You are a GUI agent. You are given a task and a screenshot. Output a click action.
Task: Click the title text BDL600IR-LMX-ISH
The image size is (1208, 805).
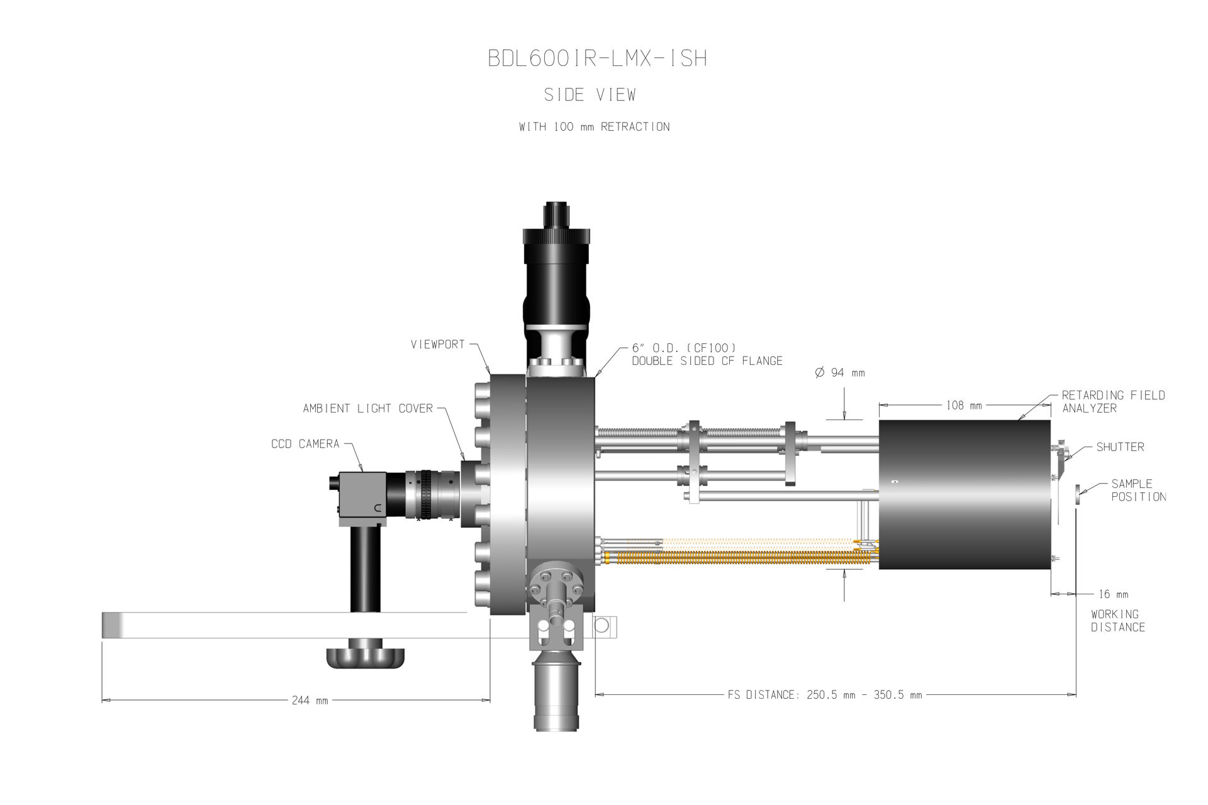pyautogui.click(x=598, y=58)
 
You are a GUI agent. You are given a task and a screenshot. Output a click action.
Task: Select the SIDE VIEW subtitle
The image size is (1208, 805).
pyautogui.click(x=590, y=95)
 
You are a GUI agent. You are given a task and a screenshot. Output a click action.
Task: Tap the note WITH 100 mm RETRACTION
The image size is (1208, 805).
pyautogui.click(x=594, y=126)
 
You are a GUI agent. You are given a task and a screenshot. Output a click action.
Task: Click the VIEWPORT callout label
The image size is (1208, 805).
pyautogui.click(x=437, y=345)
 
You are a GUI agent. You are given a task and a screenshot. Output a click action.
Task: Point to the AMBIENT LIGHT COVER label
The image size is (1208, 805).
pyautogui.click(x=368, y=409)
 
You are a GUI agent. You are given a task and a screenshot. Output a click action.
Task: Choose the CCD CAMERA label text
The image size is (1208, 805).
pyautogui.click(x=305, y=444)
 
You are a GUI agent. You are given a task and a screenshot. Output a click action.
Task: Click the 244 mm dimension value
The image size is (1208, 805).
pyautogui.click(x=310, y=700)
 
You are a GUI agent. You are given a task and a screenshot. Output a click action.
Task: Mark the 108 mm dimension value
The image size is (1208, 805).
pyautogui.click(x=964, y=406)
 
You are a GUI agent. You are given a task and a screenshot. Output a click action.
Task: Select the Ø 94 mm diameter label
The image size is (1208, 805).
pyautogui.click(x=840, y=373)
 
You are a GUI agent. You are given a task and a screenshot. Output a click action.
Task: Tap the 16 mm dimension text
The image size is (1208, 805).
pyautogui.click(x=1113, y=594)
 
